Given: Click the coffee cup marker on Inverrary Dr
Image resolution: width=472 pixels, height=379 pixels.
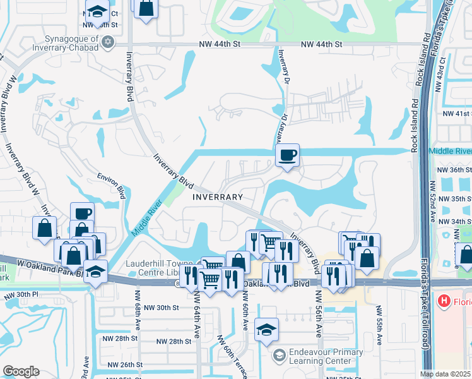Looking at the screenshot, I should (x=288, y=155).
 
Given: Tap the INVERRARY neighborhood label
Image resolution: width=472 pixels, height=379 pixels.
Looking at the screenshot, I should (x=217, y=196).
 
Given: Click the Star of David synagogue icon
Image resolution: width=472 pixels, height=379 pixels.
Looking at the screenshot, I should (x=108, y=42).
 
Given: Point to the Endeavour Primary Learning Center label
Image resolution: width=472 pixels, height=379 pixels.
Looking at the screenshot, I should (x=326, y=356).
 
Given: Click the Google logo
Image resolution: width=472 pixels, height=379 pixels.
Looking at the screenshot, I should (x=21, y=371).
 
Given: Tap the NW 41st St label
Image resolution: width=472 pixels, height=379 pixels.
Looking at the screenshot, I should (x=456, y=114).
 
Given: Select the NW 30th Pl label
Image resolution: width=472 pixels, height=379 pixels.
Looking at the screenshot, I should (x=20, y=295).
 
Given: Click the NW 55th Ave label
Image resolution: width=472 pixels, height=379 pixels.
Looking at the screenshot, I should (x=379, y=326).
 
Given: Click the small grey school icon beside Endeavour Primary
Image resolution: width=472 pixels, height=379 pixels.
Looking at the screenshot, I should (x=278, y=356).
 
